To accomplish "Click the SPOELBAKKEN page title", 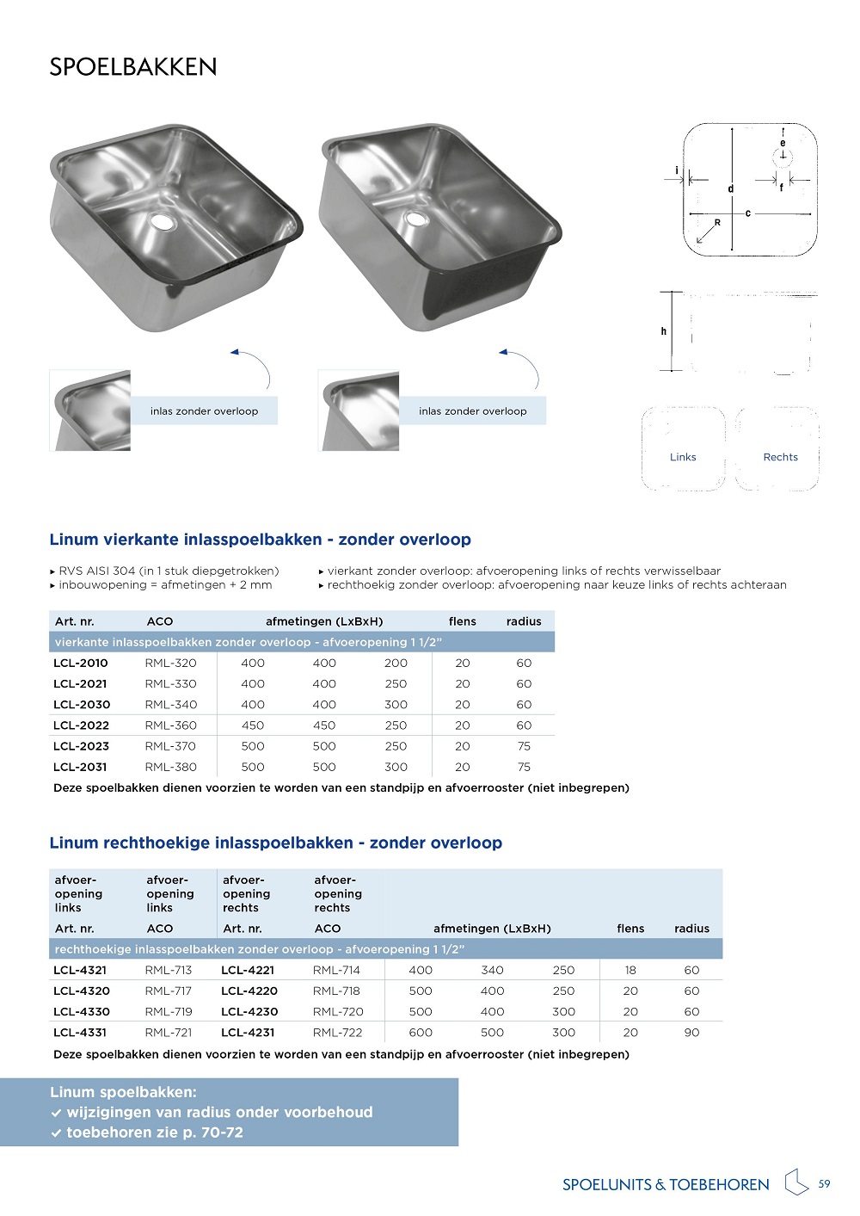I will tap(133, 67).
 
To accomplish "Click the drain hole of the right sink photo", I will tap(417, 219).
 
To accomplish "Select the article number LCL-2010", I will tap(81, 664).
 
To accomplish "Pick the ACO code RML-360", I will tap(171, 725).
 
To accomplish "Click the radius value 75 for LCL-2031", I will tap(524, 767).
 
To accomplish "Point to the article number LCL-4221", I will tap(249, 970).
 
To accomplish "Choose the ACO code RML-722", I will tap(336, 1033).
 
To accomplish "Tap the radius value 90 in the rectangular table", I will tap(691, 1033).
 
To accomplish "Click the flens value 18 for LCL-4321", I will tap(630, 970).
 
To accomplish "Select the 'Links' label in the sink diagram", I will tap(683, 457).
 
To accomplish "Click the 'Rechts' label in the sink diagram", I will tap(780, 457).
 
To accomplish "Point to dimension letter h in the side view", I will tap(664, 331).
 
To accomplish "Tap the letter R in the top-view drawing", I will tap(717, 223).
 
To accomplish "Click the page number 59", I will tap(824, 1184).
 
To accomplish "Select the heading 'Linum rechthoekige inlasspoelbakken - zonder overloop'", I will tap(275, 843).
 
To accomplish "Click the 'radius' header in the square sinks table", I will tap(524, 621).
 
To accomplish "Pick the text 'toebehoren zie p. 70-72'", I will tap(155, 1133).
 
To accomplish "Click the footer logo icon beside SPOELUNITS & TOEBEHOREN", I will tap(796, 1182).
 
